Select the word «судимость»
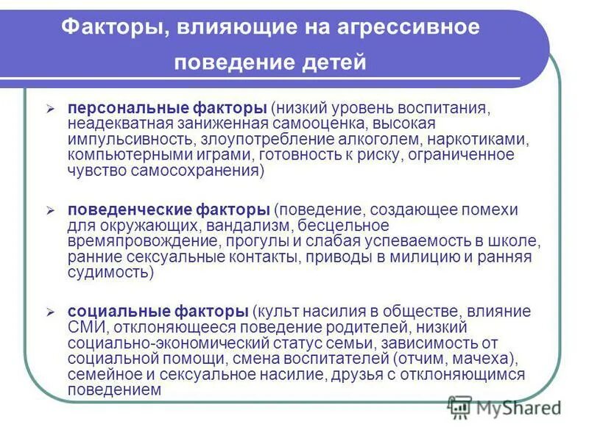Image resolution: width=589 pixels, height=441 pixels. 110,273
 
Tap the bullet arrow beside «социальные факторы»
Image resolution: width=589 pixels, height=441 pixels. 50,312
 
